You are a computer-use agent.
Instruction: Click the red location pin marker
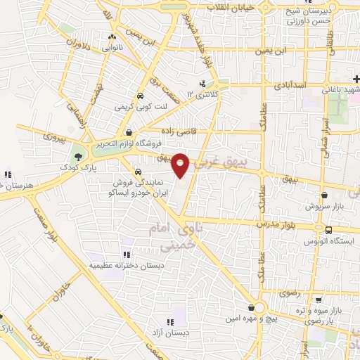point(181,165)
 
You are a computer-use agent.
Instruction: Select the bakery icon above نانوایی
point(112,37)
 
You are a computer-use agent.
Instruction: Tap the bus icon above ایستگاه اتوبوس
point(328,229)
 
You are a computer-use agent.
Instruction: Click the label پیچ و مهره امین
point(250,319)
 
